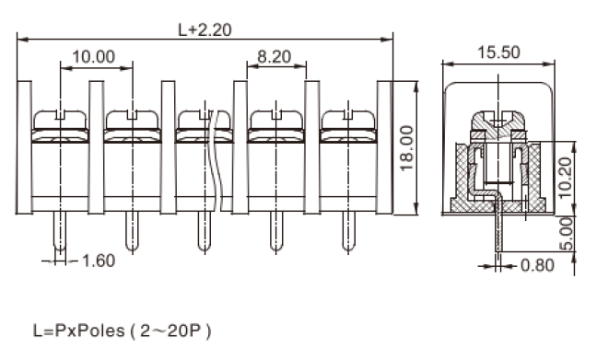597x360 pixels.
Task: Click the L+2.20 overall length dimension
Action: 205,29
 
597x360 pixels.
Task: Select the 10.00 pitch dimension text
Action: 94,57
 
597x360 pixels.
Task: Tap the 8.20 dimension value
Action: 275,57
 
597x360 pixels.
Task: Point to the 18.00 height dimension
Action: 406,148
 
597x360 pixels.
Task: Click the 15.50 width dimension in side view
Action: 498,52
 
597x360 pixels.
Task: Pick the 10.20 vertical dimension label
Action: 567,178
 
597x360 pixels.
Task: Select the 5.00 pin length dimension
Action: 567,234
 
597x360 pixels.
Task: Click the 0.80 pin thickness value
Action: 537,265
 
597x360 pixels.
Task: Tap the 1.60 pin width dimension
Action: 99,261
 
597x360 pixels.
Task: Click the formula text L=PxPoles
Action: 79,331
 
